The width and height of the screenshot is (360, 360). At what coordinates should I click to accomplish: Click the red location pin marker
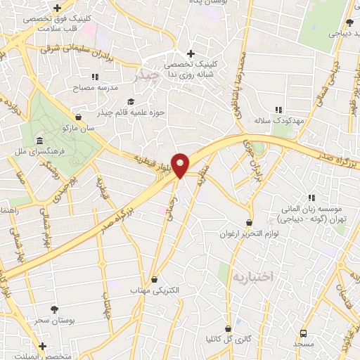[x=180, y=165]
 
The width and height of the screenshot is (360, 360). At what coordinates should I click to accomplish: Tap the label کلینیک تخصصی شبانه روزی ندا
[x=189, y=68]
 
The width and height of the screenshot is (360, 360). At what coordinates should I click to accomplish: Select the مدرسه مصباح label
[x=94, y=89]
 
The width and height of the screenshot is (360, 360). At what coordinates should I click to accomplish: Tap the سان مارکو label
[x=78, y=128]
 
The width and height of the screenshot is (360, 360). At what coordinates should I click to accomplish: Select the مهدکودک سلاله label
[x=279, y=121]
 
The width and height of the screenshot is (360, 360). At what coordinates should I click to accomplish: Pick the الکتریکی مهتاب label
[x=154, y=290]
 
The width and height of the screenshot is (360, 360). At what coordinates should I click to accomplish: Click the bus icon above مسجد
[x=303, y=333]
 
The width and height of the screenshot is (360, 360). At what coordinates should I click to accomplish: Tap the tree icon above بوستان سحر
[x=55, y=309]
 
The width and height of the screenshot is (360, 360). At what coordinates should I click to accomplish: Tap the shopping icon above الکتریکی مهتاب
[x=154, y=279]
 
